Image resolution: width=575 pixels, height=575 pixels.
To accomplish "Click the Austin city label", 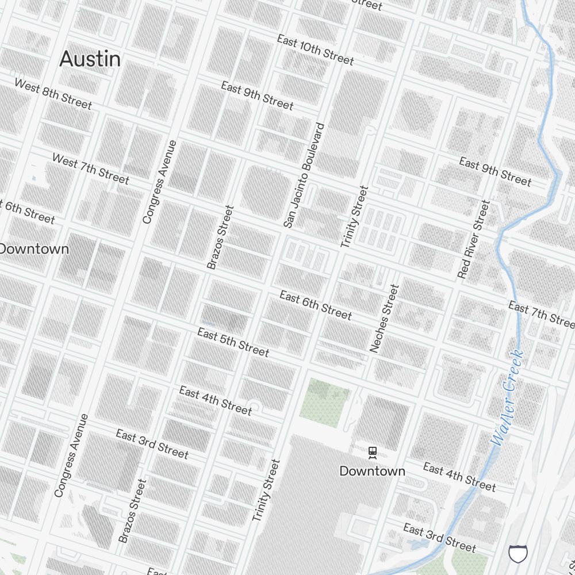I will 90,59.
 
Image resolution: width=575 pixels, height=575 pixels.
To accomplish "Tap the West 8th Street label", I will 53,94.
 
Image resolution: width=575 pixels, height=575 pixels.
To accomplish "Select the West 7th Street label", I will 90,168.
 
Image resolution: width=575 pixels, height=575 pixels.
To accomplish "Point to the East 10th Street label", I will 315,49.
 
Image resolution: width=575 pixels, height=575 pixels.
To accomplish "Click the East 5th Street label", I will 233,342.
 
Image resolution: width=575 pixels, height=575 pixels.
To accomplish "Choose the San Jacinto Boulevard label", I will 304,175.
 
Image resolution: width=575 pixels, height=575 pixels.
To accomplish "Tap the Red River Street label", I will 473,239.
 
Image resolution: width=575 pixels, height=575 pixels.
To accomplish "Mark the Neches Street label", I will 384,318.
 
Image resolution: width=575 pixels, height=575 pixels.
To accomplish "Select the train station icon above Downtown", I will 373,453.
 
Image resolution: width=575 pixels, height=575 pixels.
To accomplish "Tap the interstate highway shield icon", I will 517,554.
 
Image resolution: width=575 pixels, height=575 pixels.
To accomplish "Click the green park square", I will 324,400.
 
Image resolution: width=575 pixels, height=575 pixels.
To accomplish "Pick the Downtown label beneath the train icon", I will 372,471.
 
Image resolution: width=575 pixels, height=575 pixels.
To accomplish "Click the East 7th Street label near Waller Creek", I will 541,314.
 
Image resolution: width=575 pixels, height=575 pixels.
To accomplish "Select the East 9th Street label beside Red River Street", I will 495,171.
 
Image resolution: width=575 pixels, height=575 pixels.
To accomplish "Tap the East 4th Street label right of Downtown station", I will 459,477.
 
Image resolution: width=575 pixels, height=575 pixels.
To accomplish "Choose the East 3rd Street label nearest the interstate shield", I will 439,537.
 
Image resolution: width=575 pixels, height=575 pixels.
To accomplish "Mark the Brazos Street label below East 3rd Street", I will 133,511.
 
